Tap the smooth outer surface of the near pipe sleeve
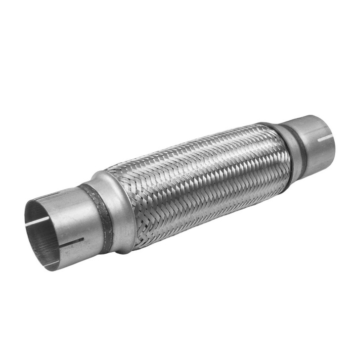[x=74, y=218]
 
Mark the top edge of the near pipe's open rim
[x=41, y=200]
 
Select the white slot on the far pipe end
[x=324, y=138]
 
